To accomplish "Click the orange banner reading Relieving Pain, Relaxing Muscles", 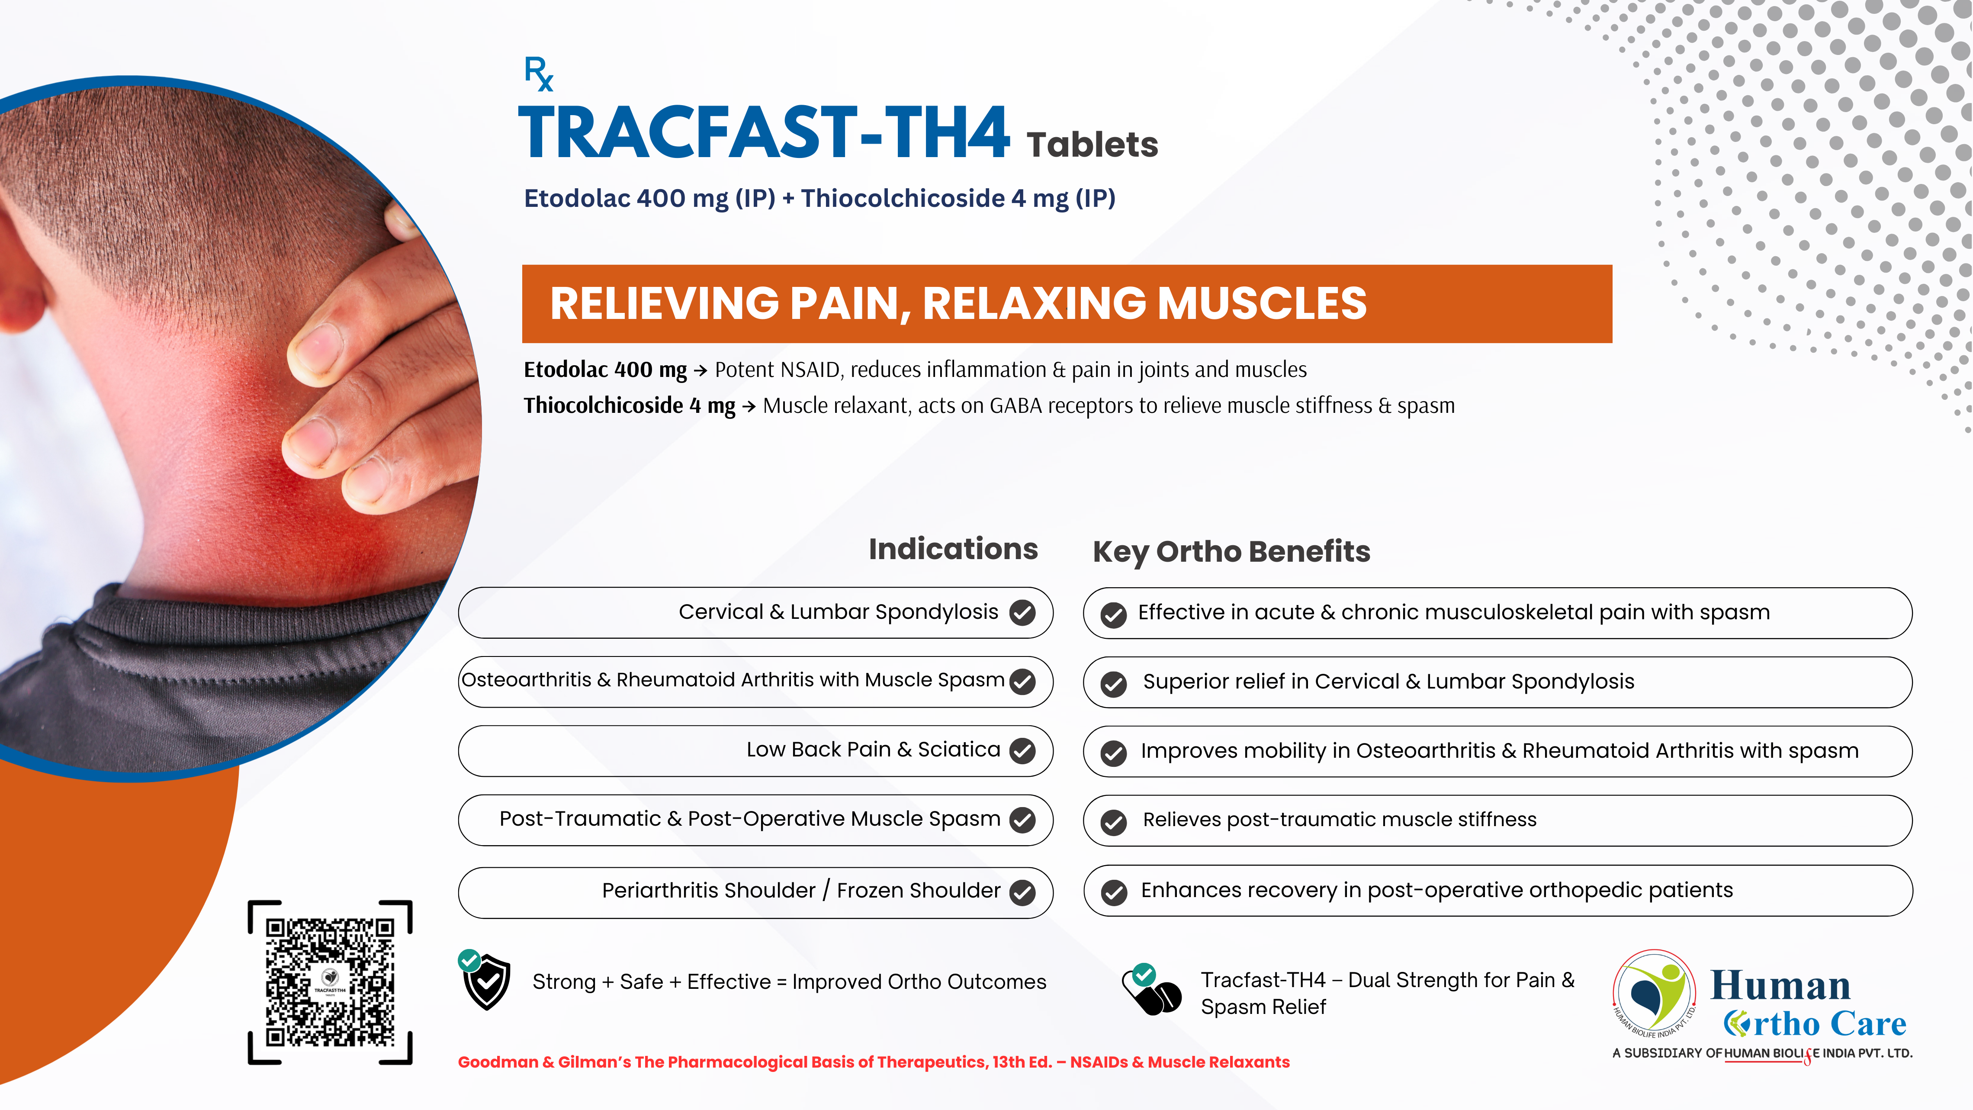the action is (x=1067, y=303).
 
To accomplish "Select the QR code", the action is (x=330, y=982).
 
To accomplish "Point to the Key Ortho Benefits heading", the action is (x=1231, y=552).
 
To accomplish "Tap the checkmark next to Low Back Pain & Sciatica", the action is (x=1022, y=751).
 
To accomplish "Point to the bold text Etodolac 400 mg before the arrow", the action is (x=605, y=370).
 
